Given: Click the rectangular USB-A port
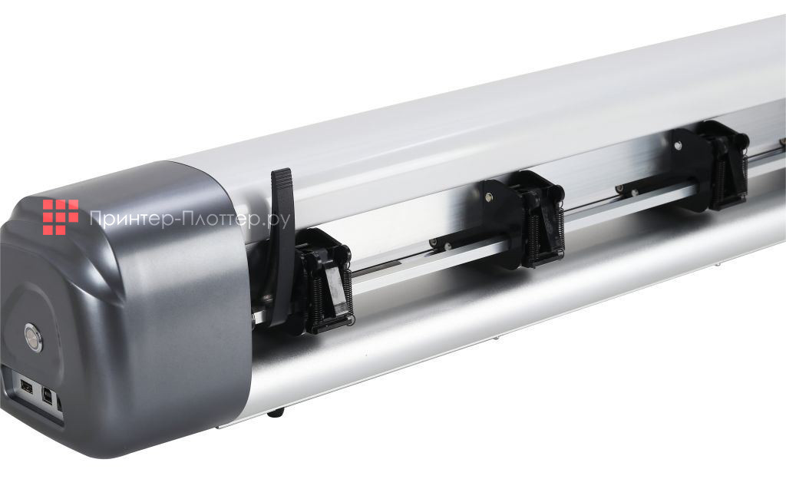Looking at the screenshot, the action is point(26,387).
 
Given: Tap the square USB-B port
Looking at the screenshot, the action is point(48,396).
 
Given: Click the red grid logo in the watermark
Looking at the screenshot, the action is point(61,217).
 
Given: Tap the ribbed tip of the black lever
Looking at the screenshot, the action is point(281,181).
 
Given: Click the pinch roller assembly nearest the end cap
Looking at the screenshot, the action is point(321,281).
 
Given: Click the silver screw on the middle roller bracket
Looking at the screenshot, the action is point(487,197).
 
